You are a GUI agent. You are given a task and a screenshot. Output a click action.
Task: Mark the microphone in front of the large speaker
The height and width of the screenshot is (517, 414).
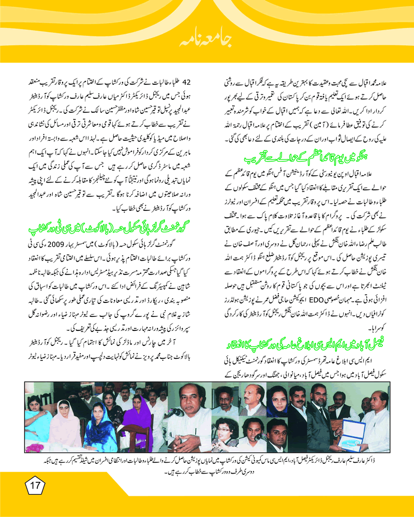click(x=174, y=413)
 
